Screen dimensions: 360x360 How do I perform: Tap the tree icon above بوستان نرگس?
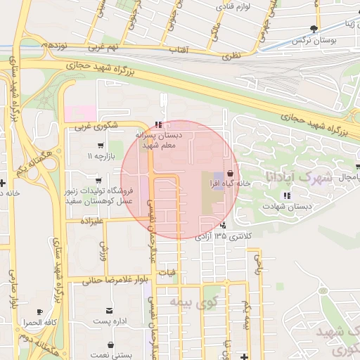(x=313, y=30)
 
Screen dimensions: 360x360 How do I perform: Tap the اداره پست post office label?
(x=110, y=322)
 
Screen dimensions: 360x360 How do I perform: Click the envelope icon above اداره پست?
(x=109, y=310)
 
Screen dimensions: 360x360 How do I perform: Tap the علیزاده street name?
(x=91, y=221)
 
